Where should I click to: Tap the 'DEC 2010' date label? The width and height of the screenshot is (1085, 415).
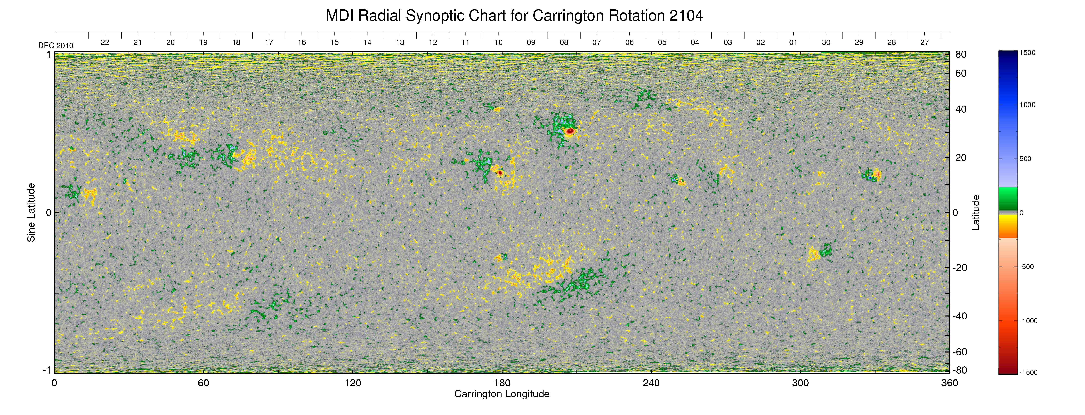[56, 46]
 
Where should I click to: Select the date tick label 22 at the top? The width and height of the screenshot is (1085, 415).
[105, 42]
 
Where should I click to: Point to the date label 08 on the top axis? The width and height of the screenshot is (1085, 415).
[564, 42]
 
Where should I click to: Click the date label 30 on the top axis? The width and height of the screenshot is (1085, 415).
[826, 42]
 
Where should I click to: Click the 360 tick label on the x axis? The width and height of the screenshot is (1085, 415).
[949, 383]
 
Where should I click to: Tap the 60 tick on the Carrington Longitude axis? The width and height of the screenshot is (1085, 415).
[203, 383]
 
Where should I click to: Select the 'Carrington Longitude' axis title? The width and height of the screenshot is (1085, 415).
[502, 394]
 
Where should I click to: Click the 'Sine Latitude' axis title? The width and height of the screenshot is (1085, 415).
[31, 213]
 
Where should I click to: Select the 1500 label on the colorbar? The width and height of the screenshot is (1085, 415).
[1027, 53]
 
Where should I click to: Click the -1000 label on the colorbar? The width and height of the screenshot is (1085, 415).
[1028, 321]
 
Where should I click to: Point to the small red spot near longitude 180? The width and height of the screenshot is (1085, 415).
[500, 172]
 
